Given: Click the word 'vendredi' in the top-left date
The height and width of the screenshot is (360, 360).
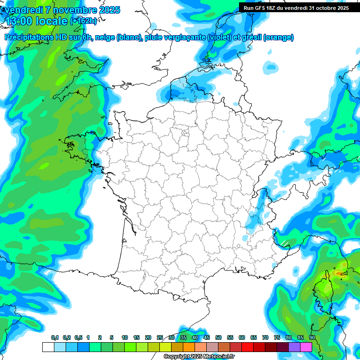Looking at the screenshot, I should [23, 9].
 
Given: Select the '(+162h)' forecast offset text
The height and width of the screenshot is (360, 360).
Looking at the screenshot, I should [83, 21].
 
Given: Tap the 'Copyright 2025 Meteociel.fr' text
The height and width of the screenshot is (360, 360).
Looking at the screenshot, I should [199, 357].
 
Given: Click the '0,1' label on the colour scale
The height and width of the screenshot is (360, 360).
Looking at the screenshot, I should [54, 338].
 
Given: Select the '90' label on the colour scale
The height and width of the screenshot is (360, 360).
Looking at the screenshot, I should [312, 338].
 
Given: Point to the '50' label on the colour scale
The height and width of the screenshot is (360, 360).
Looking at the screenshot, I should [218, 338].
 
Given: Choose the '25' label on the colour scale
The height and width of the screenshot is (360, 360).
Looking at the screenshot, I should [160, 338].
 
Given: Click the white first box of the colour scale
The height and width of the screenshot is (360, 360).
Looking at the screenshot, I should [48, 347].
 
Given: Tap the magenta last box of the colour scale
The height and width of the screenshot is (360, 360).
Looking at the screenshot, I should [306, 347].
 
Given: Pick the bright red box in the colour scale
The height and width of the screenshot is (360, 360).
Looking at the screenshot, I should [247, 347].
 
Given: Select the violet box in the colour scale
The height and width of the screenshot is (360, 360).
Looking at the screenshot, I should [294, 347].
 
